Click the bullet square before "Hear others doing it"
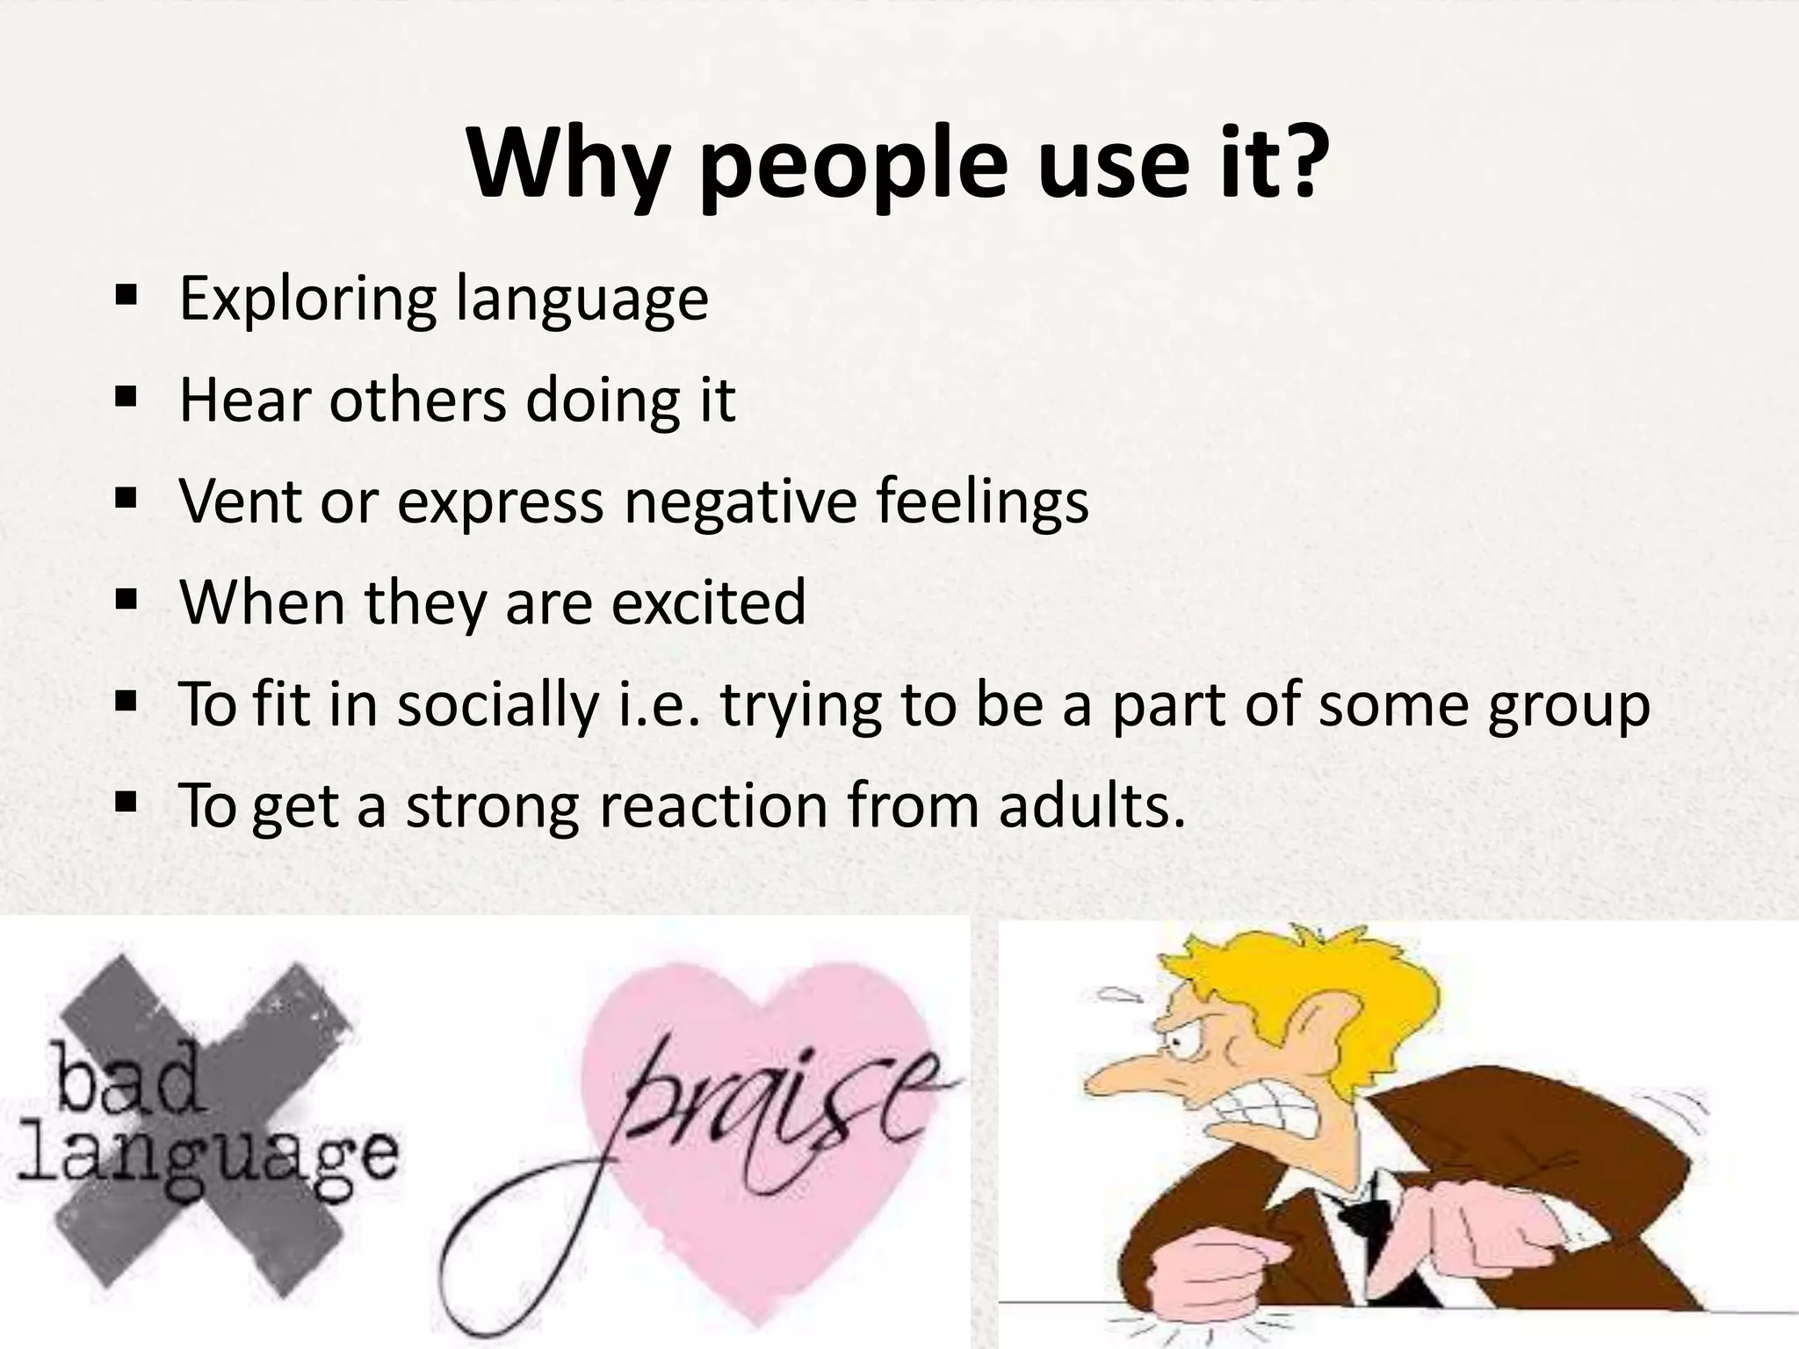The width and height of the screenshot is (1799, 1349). click(126, 399)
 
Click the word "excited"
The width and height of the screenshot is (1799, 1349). click(708, 602)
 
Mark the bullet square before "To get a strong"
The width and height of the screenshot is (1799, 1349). click(126, 803)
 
